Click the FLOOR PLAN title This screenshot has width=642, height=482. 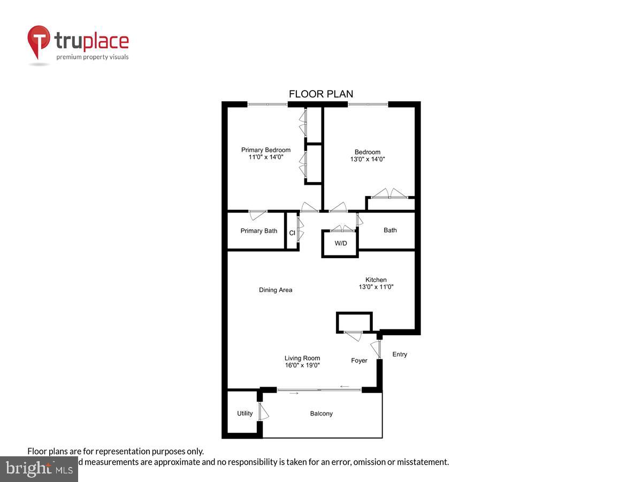[321, 94]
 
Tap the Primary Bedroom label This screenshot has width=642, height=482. [266, 150]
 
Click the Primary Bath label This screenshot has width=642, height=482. [259, 231]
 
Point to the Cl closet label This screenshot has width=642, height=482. [292, 233]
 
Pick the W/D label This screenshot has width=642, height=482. [341, 244]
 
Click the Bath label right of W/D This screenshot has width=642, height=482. [390, 230]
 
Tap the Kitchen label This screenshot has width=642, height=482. [376, 280]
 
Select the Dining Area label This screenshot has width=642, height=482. [276, 290]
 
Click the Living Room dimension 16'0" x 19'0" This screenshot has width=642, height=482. [302, 365]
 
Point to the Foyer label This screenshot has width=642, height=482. [359, 360]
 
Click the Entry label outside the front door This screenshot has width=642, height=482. [400, 354]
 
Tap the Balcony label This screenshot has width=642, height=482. [322, 413]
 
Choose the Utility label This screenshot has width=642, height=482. [245, 413]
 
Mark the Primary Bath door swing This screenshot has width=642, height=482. [258, 215]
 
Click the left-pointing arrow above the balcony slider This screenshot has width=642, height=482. [345, 386]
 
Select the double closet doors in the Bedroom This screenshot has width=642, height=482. [390, 194]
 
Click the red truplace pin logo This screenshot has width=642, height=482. [39, 42]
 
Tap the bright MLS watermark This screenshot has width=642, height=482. [39, 469]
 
